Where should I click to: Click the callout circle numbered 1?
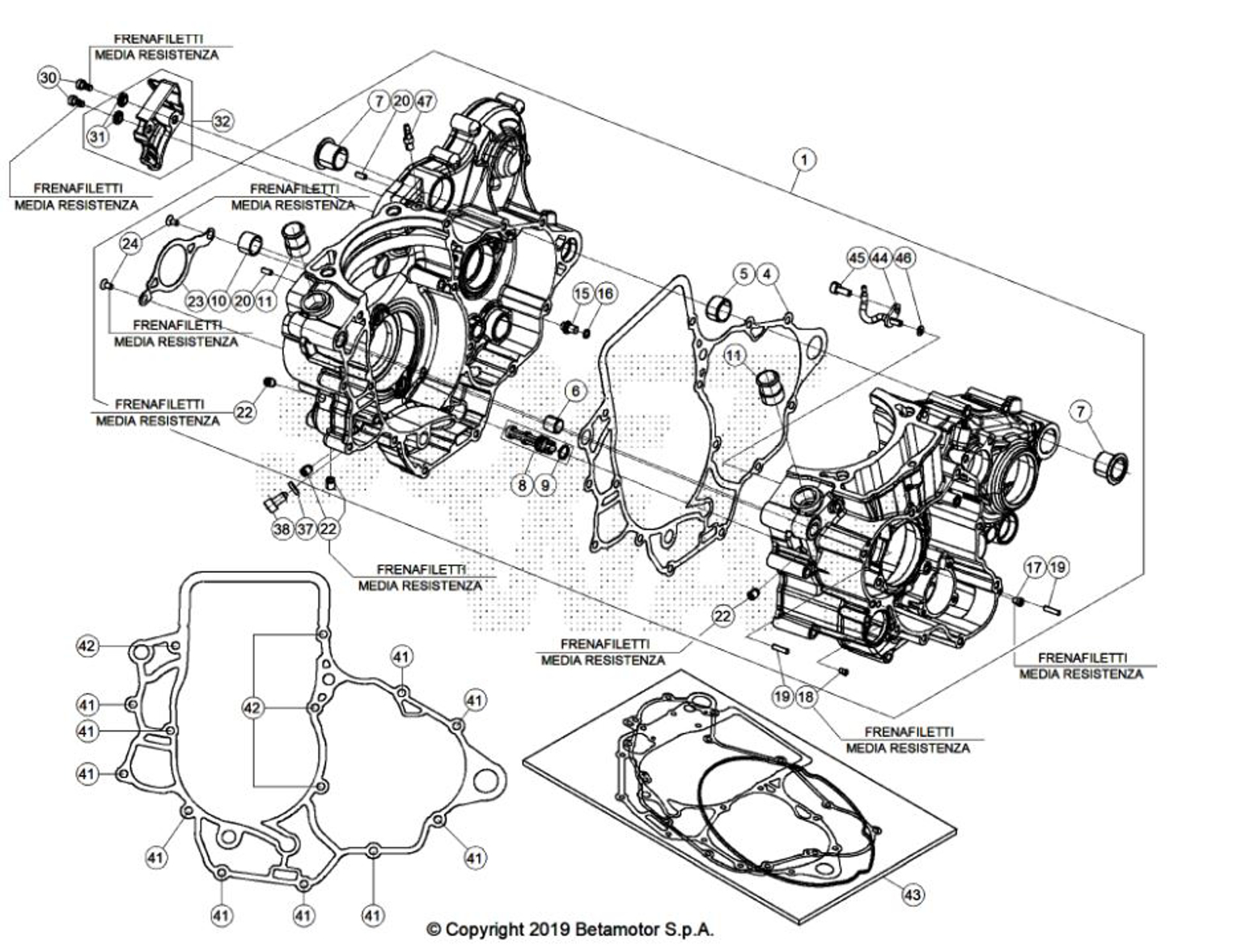pos(803,160)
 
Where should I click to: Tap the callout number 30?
pos(49,78)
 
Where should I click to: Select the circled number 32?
pos(222,121)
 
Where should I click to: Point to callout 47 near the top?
pos(424,101)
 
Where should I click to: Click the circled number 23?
pos(196,301)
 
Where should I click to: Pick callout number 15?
pos(583,292)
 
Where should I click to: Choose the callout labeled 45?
pos(857,258)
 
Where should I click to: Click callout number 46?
pos(904,258)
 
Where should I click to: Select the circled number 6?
pos(575,392)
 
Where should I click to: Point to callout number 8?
pos(523,485)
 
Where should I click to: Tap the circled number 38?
pos(282,529)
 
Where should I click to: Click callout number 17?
pos(1034,567)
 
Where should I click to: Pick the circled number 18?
pos(806,696)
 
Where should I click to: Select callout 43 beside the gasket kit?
pos(913,894)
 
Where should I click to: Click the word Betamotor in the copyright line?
pos(616,930)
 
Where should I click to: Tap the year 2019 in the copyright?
pos(551,930)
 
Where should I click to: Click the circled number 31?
pos(97,137)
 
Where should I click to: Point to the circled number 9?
pos(545,485)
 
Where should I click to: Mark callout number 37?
pos(305,529)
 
